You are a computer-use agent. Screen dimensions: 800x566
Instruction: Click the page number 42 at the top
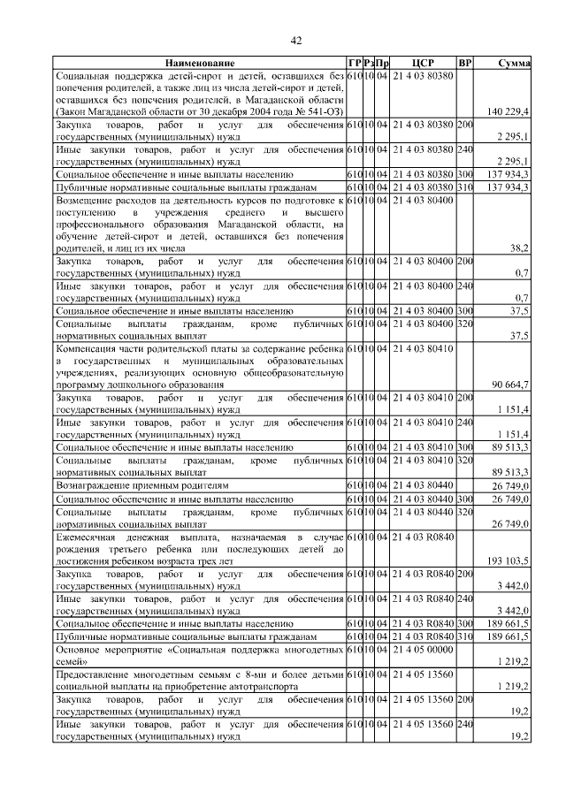(296, 40)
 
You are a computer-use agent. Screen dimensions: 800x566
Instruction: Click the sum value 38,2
(520, 249)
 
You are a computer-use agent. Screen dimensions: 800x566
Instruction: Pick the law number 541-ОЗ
(324, 112)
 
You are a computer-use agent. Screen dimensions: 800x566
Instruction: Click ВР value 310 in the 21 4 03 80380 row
(465, 187)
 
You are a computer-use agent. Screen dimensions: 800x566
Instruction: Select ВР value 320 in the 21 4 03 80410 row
(465, 461)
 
